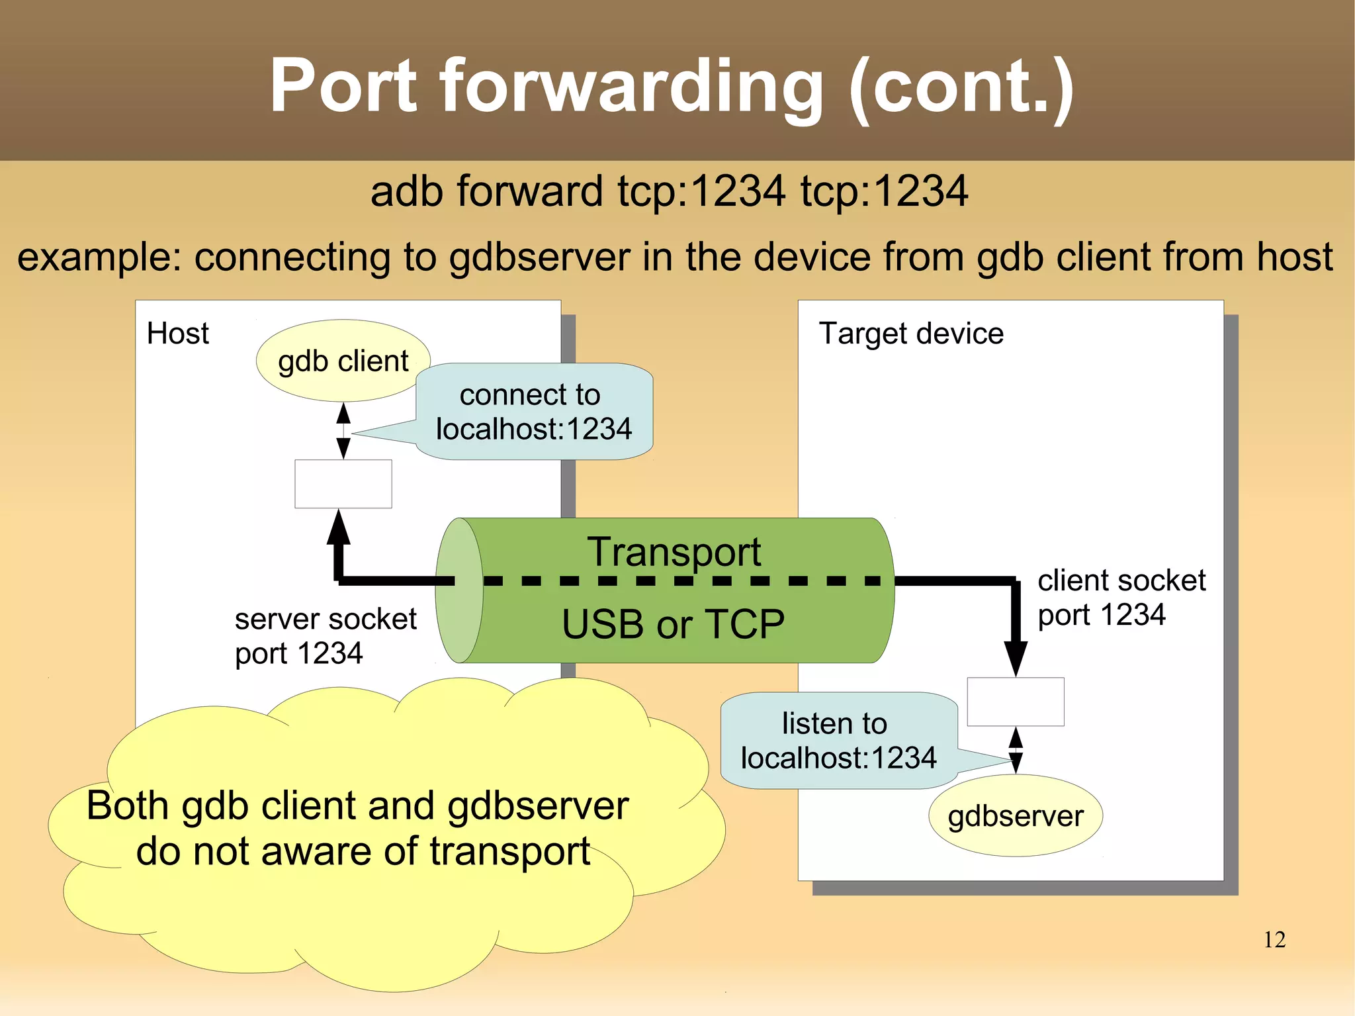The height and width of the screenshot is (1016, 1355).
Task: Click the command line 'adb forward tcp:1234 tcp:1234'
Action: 669,191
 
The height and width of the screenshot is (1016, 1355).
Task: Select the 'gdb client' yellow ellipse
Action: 343,361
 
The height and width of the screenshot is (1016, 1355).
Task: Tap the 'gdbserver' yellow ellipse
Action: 1015,815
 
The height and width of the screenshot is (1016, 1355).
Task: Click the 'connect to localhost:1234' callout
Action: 533,412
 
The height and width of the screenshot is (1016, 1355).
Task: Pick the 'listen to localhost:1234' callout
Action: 838,741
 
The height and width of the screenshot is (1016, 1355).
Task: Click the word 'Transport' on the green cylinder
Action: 674,551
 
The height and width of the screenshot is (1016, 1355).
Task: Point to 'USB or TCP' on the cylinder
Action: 673,624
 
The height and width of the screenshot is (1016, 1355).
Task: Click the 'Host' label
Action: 177,333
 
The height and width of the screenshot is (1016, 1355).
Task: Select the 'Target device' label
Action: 910,333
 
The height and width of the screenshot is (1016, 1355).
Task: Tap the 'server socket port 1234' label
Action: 325,636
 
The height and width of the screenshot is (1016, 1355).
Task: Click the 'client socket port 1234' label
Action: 1121,597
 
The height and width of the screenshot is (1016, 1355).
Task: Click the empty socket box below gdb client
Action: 343,484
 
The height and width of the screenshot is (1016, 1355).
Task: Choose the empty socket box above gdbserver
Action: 1015,702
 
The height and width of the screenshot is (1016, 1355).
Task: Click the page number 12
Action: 1274,940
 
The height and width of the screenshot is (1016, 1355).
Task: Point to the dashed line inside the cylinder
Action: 681,581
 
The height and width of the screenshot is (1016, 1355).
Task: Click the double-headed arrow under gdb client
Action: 343,431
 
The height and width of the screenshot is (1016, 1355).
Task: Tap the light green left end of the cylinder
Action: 459,590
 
